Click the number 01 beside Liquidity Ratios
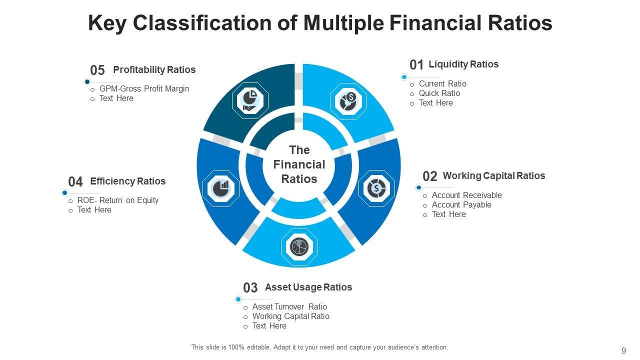(x=416, y=65)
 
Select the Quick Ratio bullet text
(x=439, y=93)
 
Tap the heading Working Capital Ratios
(x=493, y=176)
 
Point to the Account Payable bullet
(x=461, y=205)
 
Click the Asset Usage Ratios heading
(x=308, y=287)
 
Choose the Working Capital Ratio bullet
(x=290, y=316)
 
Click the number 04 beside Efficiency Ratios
(x=75, y=182)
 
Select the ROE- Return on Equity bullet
(x=117, y=200)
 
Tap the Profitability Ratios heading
(x=154, y=70)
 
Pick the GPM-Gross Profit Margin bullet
(x=144, y=89)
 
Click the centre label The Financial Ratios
(x=299, y=164)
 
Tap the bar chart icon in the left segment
(x=220, y=188)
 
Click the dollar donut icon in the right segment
(x=376, y=188)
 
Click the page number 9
(x=623, y=350)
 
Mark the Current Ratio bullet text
(x=442, y=84)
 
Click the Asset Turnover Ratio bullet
(x=289, y=307)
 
